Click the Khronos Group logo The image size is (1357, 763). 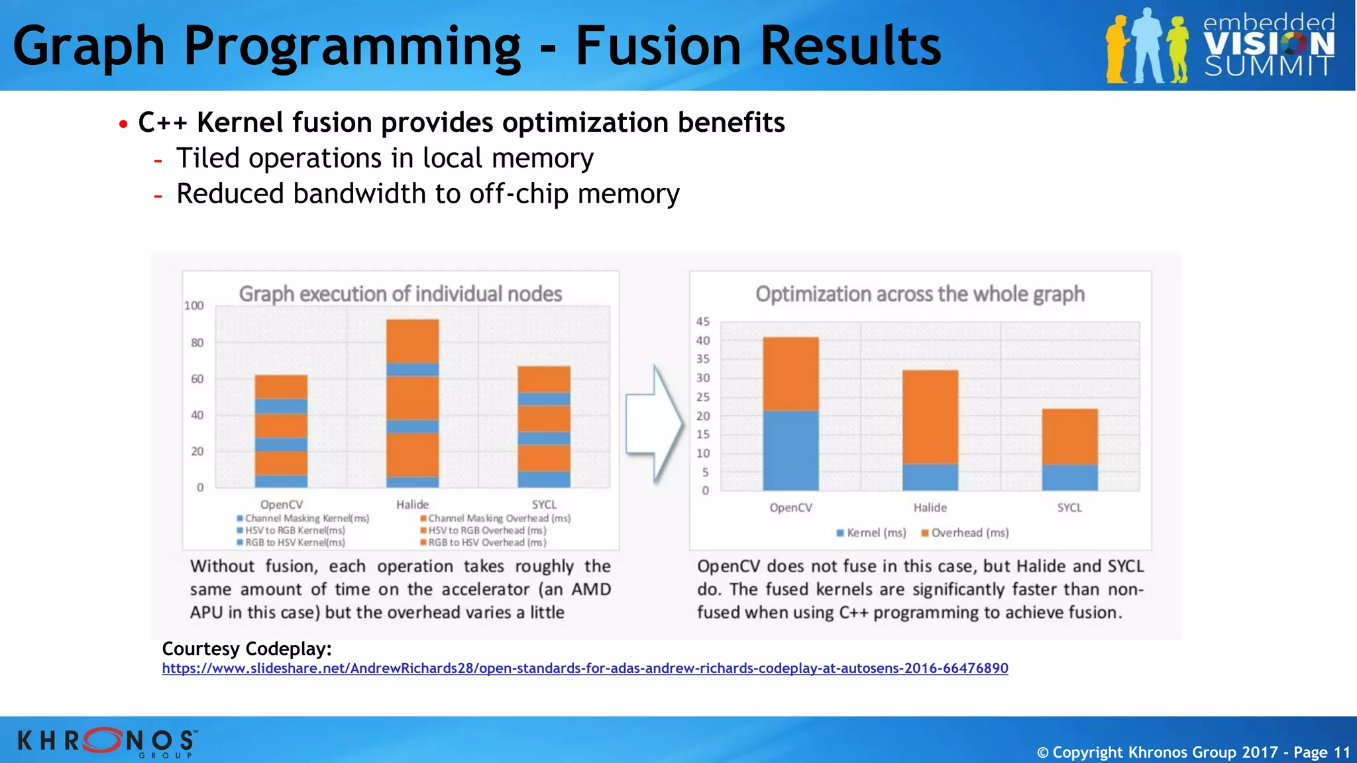coord(106,741)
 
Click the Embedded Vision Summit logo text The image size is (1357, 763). coord(1268,45)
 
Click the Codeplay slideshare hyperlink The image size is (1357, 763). coord(584,668)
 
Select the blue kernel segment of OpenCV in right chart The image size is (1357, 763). coord(790,450)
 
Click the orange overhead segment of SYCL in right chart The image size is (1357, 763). coord(1069,436)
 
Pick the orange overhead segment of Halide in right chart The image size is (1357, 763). coord(930,417)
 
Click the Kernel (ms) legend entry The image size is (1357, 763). coord(871,533)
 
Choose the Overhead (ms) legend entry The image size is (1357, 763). coord(965,533)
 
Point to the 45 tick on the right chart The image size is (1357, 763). coord(702,322)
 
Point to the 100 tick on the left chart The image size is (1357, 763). coord(193,306)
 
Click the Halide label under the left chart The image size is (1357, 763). coord(412,505)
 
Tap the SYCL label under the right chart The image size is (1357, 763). coord(1069,508)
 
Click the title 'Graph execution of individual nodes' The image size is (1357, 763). coord(400,294)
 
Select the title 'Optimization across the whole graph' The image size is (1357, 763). coord(920,294)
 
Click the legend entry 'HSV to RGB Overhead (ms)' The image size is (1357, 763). coord(487,531)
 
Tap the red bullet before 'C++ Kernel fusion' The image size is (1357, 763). coord(123,125)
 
